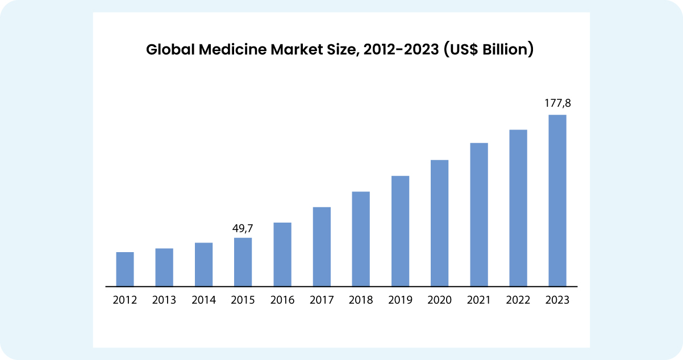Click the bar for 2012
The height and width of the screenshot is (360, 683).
pos(125,269)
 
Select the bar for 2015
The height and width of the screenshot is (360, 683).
pos(243,262)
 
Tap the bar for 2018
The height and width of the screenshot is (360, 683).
pos(361,239)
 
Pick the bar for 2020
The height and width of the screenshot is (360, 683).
pos(439,223)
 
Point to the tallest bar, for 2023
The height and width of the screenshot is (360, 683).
pos(557,200)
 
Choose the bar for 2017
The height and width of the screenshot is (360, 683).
pos(322,246)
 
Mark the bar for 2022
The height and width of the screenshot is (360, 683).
pos(518,208)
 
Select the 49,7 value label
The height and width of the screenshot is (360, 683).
pos(243,228)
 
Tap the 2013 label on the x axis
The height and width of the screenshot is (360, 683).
pos(164,300)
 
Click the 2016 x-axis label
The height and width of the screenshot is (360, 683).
pos(282,300)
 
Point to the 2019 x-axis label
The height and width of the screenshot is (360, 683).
pos(400,300)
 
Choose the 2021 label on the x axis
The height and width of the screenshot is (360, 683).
pos(479,300)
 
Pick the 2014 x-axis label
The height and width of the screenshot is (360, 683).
pos(203,300)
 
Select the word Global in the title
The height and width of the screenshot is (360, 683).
pos(169,50)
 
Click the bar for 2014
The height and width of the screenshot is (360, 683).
pos(203,265)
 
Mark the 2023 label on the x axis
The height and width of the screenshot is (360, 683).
pos(557,300)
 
